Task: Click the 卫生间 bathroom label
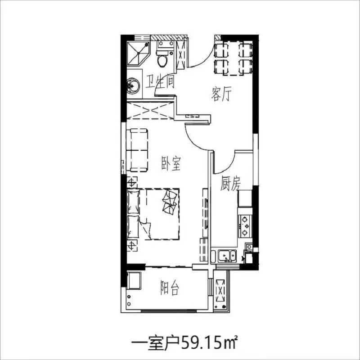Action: tap(160, 82)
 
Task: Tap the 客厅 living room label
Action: tap(221, 94)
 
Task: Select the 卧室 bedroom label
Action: tap(171, 163)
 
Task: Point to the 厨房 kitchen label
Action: tap(230, 184)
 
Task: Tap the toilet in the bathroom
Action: tap(162, 58)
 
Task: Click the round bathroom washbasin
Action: tap(133, 86)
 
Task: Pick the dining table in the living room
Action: tap(234, 58)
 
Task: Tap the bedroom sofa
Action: tap(137, 150)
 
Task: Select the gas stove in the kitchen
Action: tap(245, 226)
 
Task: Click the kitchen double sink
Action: tap(227, 256)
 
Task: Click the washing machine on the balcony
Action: tap(134, 280)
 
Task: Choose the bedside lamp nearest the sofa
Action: tap(132, 183)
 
